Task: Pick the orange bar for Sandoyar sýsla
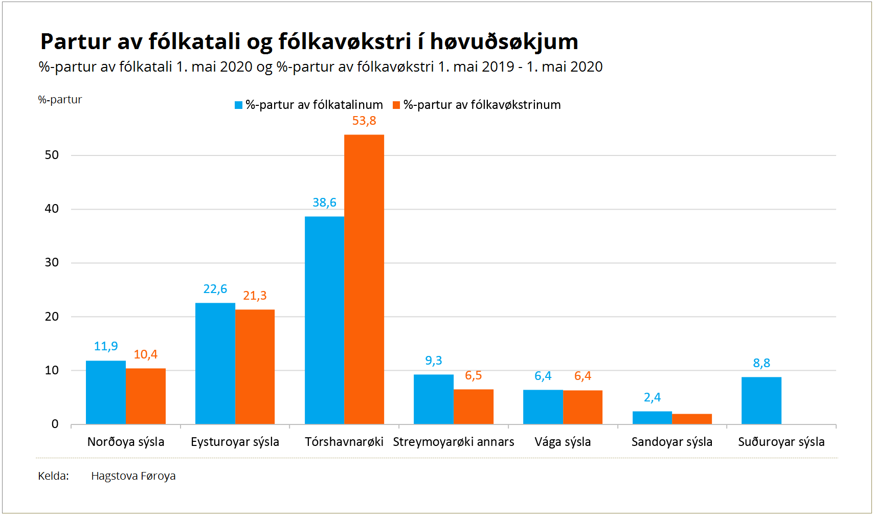pyautogui.click(x=691, y=419)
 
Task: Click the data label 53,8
pyautogui.click(x=364, y=121)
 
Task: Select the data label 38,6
pyautogui.click(x=324, y=203)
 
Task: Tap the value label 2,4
pyautogui.click(x=652, y=397)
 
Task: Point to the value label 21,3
pyautogui.click(x=255, y=296)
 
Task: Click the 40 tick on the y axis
pyautogui.click(x=52, y=209)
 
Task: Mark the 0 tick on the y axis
pyautogui.click(x=55, y=424)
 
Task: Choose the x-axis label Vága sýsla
pyautogui.click(x=563, y=442)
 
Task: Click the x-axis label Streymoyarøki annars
pyautogui.click(x=453, y=442)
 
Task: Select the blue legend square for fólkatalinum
pyautogui.click(x=238, y=105)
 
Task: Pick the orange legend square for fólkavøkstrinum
pyautogui.click(x=396, y=105)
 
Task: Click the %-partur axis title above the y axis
pyautogui.click(x=60, y=100)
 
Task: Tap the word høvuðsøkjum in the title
pyautogui.click(x=504, y=42)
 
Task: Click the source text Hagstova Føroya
pyautogui.click(x=133, y=476)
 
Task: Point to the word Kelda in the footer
pyautogui.click(x=53, y=476)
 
